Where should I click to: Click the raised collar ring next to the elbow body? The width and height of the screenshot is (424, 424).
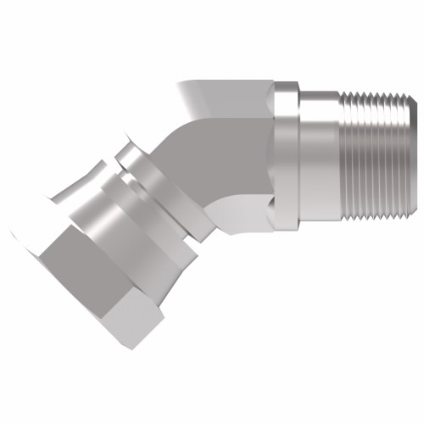coord(287,157)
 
